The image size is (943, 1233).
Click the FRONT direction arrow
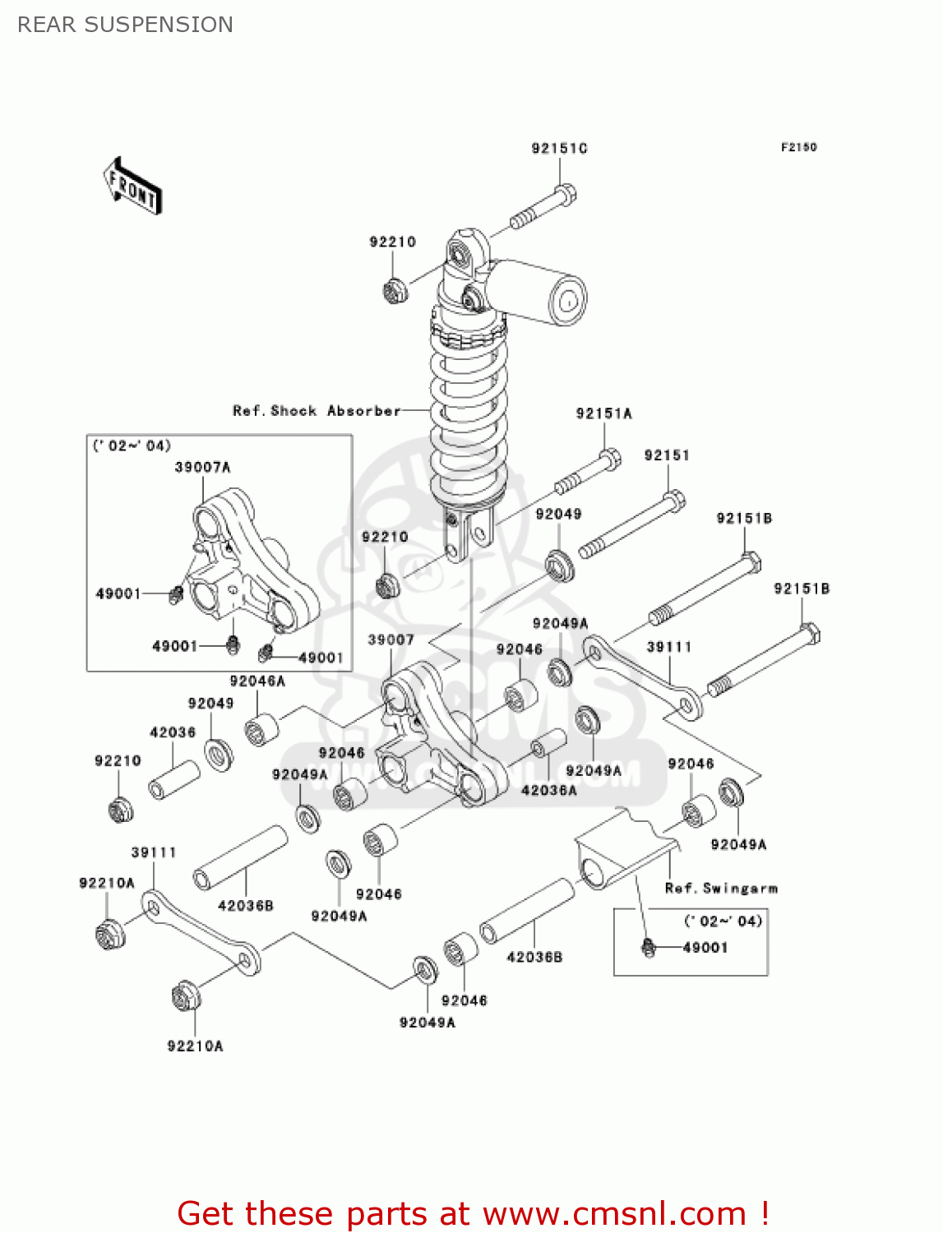132,187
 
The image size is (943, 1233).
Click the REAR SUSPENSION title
125,25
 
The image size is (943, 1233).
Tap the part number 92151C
559,148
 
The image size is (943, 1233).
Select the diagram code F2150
798,147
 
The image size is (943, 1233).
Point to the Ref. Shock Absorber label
317,410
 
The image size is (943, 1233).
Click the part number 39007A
202,467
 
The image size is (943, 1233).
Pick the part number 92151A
603,413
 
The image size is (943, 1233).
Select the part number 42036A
548,790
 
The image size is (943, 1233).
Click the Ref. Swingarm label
721,888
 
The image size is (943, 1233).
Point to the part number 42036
173,732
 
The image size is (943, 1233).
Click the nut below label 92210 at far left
121,810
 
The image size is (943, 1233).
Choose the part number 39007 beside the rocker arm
391,640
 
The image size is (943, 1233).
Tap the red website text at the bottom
473,1213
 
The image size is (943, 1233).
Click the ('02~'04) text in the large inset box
132,446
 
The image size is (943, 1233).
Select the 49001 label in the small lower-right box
705,947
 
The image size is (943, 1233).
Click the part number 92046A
257,681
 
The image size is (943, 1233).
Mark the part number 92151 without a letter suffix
667,455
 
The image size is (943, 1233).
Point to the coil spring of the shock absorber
469,411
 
